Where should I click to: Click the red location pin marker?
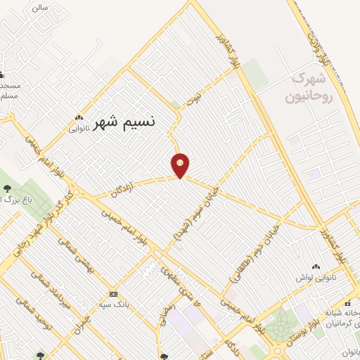pos(181,165)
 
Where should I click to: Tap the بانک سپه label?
pos(113,304)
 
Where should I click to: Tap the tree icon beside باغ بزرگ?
pos(7,188)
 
